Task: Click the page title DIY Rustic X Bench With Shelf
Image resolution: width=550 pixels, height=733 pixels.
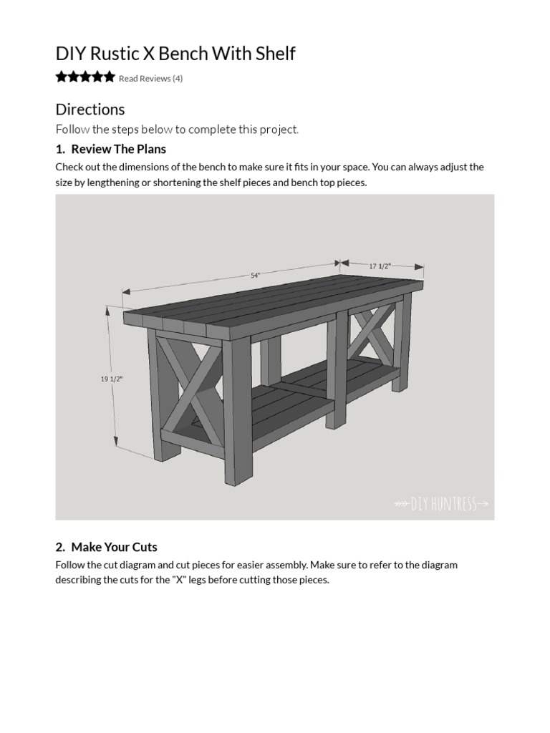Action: [175, 54]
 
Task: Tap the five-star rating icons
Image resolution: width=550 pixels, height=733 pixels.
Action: [85, 77]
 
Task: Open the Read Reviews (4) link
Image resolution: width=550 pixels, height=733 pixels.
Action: [150, 79]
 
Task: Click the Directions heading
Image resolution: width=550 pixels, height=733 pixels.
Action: [90, 110]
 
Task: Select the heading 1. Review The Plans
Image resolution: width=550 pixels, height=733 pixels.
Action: [111, 149]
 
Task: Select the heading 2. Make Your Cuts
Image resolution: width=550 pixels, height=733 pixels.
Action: [106, 547]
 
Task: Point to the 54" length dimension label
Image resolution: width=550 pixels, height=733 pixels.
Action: [255, 275]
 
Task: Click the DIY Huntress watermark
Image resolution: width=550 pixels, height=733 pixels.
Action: [442, 504]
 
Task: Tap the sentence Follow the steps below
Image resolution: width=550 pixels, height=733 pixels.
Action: [177, 130]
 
